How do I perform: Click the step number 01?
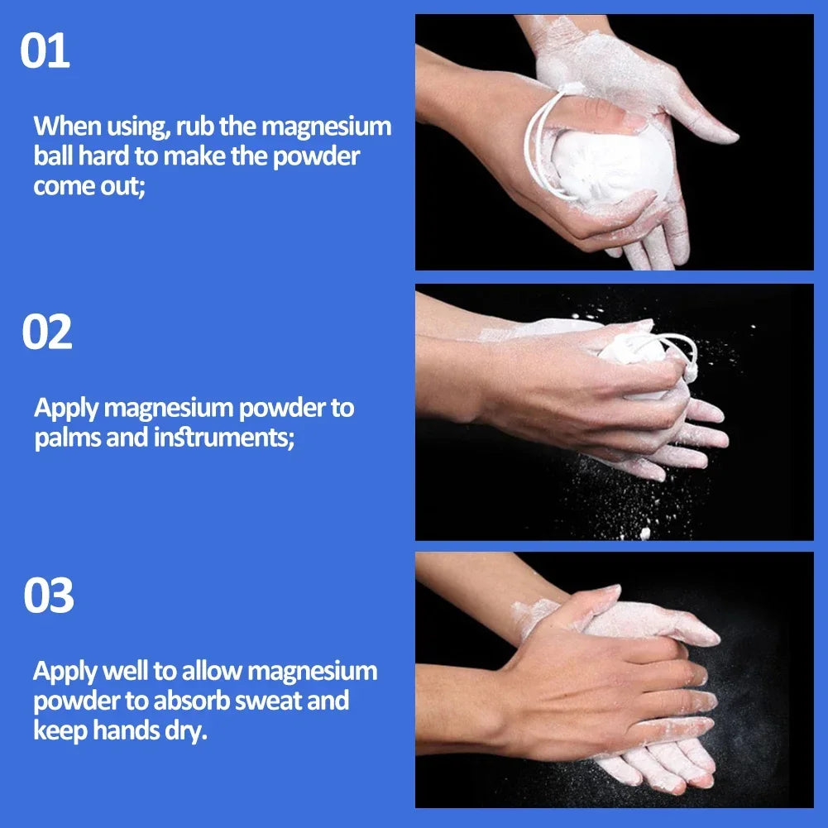[45, 51]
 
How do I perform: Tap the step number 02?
[46, 332]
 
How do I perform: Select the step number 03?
[48, 596]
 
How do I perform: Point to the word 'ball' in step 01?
[53, 156]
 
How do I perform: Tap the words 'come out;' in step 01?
[89, 185]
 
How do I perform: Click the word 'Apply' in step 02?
[67, 409]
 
